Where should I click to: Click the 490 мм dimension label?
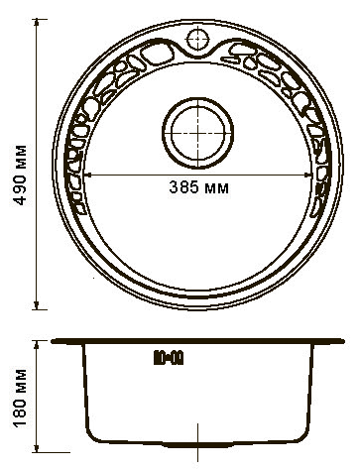point(20,175)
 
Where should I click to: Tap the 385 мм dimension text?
point(198,187)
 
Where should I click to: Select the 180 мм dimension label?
point(20,398)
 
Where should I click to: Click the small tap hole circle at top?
point(198,40)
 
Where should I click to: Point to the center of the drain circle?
point(198,133)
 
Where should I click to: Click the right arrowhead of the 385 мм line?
point(307,176)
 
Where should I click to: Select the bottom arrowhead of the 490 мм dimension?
point(37,305)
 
